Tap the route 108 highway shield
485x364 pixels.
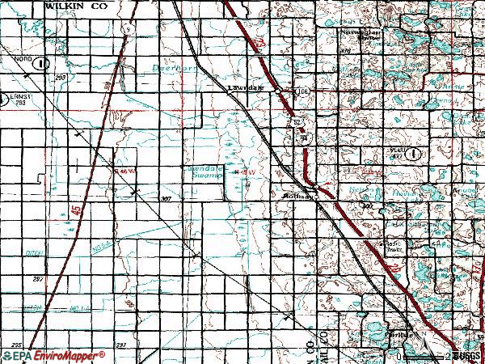coord(303,91)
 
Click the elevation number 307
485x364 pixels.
coord(167,198)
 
